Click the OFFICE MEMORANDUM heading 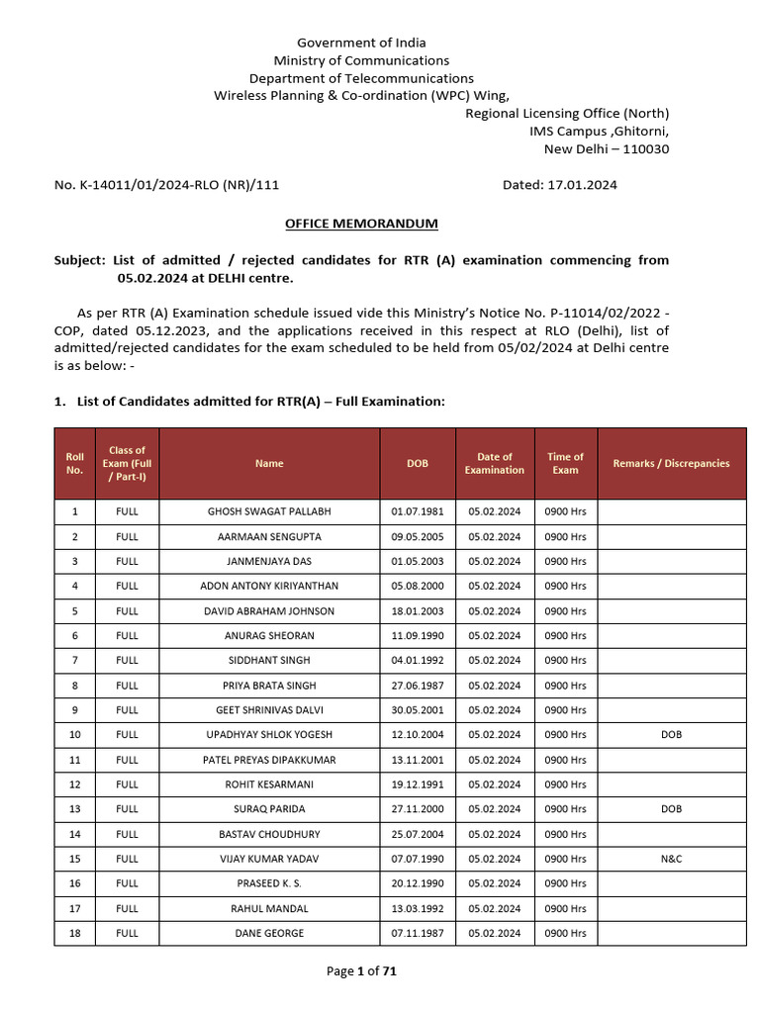point(361,224)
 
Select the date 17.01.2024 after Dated point(582,184)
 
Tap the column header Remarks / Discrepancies point(671,463)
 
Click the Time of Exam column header point(565,463)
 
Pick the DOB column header point(418,463)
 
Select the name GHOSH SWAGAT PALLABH point(269,511)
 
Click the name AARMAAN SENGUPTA point(269,536)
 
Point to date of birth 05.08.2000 point(418,586)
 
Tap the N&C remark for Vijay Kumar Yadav point(671,859)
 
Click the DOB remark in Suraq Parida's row point(671,809)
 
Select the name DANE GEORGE point(269,933)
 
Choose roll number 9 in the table point(74,710)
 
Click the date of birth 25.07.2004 point(418,834)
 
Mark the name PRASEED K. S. point(269,883)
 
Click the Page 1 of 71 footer point(361,971)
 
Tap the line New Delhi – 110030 point(606,148)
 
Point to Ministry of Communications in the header point(361,60)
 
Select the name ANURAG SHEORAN point(269,635)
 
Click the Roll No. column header point(74,463)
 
